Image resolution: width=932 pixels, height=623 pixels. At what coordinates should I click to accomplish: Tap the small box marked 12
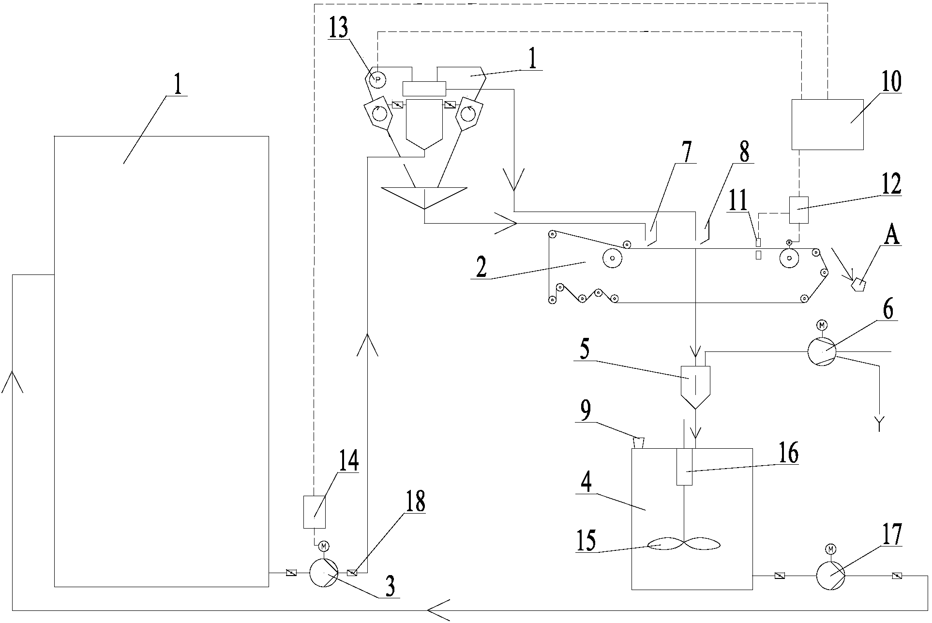point(798,210)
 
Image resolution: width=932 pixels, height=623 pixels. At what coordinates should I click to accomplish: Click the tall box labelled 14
point(314,512)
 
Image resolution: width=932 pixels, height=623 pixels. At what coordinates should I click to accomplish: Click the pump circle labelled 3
point(323,573)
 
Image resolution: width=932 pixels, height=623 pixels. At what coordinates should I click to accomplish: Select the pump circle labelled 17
point(830,576)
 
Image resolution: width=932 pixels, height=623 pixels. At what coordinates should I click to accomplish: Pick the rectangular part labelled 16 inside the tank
point(684,466)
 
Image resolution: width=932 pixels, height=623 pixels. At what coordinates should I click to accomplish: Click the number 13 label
point(338,29)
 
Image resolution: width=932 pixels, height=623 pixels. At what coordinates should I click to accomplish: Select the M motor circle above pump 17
point(831,549)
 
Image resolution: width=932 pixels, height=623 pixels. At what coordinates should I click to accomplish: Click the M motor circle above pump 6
point(822,325)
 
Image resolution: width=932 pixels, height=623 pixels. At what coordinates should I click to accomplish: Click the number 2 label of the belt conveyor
point(481,268)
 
